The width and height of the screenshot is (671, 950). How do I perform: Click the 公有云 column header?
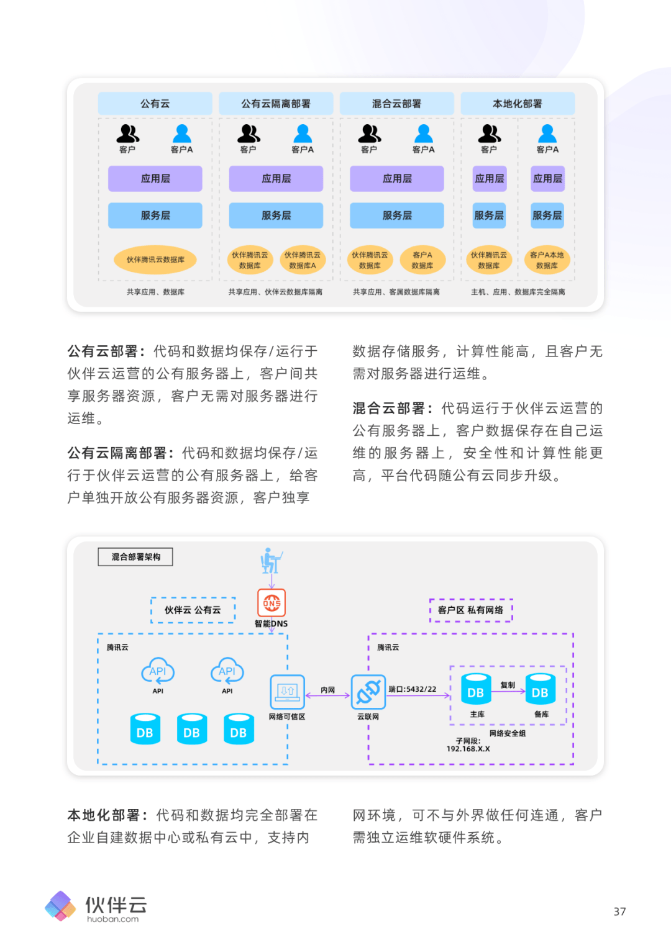[155, 104]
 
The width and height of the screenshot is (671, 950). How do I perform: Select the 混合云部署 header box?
[396, 104]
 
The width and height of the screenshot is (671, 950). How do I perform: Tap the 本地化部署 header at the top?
[517, 104]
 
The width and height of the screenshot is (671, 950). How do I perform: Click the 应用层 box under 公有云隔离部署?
[276, 179]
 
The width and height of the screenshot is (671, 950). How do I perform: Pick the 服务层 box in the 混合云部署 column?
[396, 215]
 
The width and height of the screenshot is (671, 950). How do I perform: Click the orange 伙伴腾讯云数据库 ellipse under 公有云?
[155, 260]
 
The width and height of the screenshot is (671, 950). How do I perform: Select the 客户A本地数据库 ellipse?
[547, 260]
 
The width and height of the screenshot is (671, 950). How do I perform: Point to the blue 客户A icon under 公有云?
[182, 134]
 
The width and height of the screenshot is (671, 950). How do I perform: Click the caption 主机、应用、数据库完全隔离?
[518, 292]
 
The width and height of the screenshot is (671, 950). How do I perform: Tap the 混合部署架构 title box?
[135, 557]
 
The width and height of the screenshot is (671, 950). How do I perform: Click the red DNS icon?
[272, 603]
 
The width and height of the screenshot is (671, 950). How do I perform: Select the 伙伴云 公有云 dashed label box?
[193, 610]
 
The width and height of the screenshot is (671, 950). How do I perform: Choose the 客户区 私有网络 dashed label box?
[471, 610]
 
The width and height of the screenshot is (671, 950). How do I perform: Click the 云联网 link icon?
[368, 692]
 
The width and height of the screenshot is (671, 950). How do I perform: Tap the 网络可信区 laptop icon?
[287, 692]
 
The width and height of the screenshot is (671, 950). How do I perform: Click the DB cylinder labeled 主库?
[476, 689]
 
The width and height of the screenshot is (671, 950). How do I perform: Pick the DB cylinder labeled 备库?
[540, 689]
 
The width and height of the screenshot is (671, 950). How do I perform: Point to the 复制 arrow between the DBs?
[508, 691]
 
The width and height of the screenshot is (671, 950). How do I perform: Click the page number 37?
[619, 912]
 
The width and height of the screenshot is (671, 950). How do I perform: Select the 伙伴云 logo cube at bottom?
[60, 906]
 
